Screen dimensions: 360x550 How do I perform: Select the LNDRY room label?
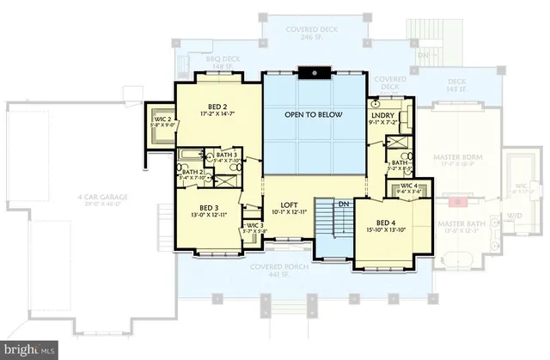pos(382,115)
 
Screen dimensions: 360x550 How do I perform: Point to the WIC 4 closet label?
pos(409,185)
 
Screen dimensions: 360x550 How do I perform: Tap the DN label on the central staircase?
pos(341,204)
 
